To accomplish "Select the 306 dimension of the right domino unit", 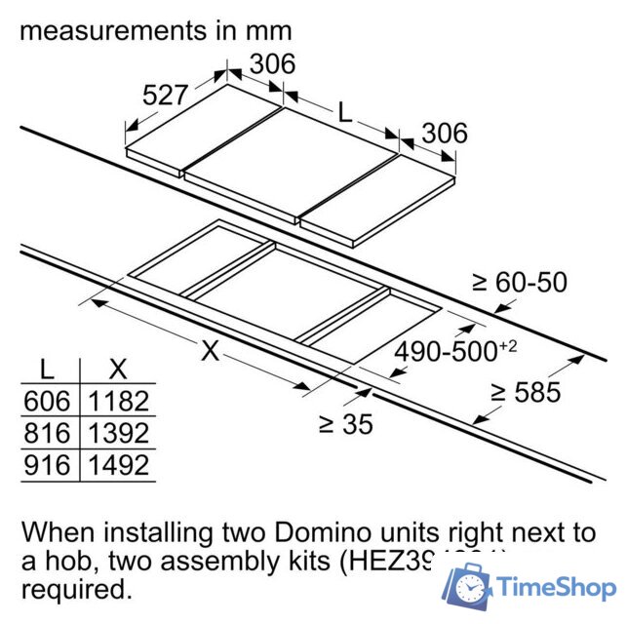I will (x=443, y=133).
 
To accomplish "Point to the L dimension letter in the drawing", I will (x=344, y=111).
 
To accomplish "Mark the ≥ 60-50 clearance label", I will (x=519, y=283).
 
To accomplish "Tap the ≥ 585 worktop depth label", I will (x=526, y=392).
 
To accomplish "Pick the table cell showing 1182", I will (x=119, y=401).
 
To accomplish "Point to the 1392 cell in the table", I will (x=119, y=433).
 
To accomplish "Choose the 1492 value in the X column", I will (x=119, y=465).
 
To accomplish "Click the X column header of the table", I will (x=119, y=369).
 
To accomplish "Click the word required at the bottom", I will (x=74, y=589).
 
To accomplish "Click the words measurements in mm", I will (x=156, y=30).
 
